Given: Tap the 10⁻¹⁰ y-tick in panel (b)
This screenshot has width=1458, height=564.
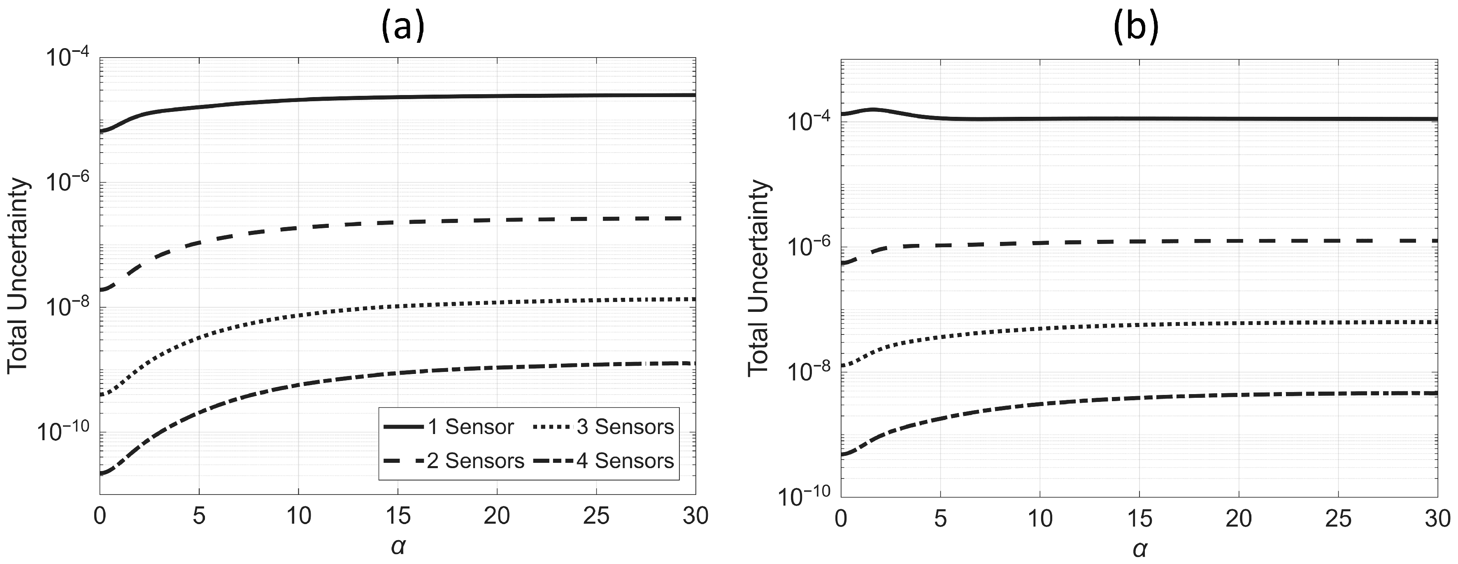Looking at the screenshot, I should pyautogui.click(x=804, y=498).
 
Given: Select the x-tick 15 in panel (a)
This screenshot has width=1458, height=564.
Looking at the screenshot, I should pyautogui.click(x=398, y=516).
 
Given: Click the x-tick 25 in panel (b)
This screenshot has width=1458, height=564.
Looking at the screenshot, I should pyautogui.click(x=1337, y=518).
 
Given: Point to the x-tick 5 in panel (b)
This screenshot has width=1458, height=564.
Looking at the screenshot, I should pyautogui.click(x=940, y=518).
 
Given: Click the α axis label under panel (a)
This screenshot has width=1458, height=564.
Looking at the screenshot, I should pyautogui.click(x=398, y=546).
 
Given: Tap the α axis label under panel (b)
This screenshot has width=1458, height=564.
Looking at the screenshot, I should pyautogui.click(x=1138, y=548).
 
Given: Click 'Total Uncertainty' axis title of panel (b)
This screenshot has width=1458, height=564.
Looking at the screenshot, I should pyautogui.click(x=759, y=277).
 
